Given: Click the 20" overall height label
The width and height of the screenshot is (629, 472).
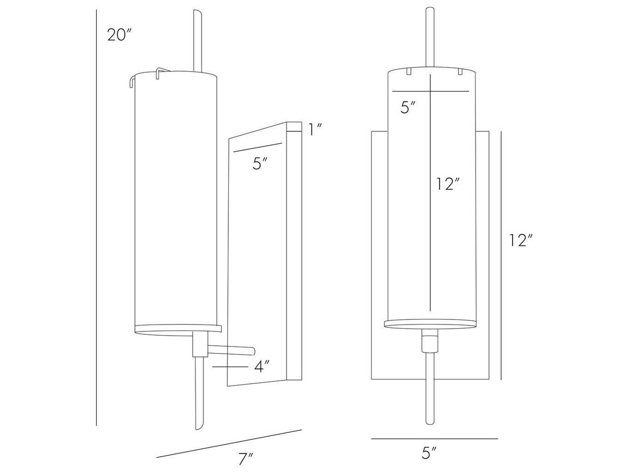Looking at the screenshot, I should pos(119,35).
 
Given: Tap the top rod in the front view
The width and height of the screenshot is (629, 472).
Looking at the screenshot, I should pos(430,37).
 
